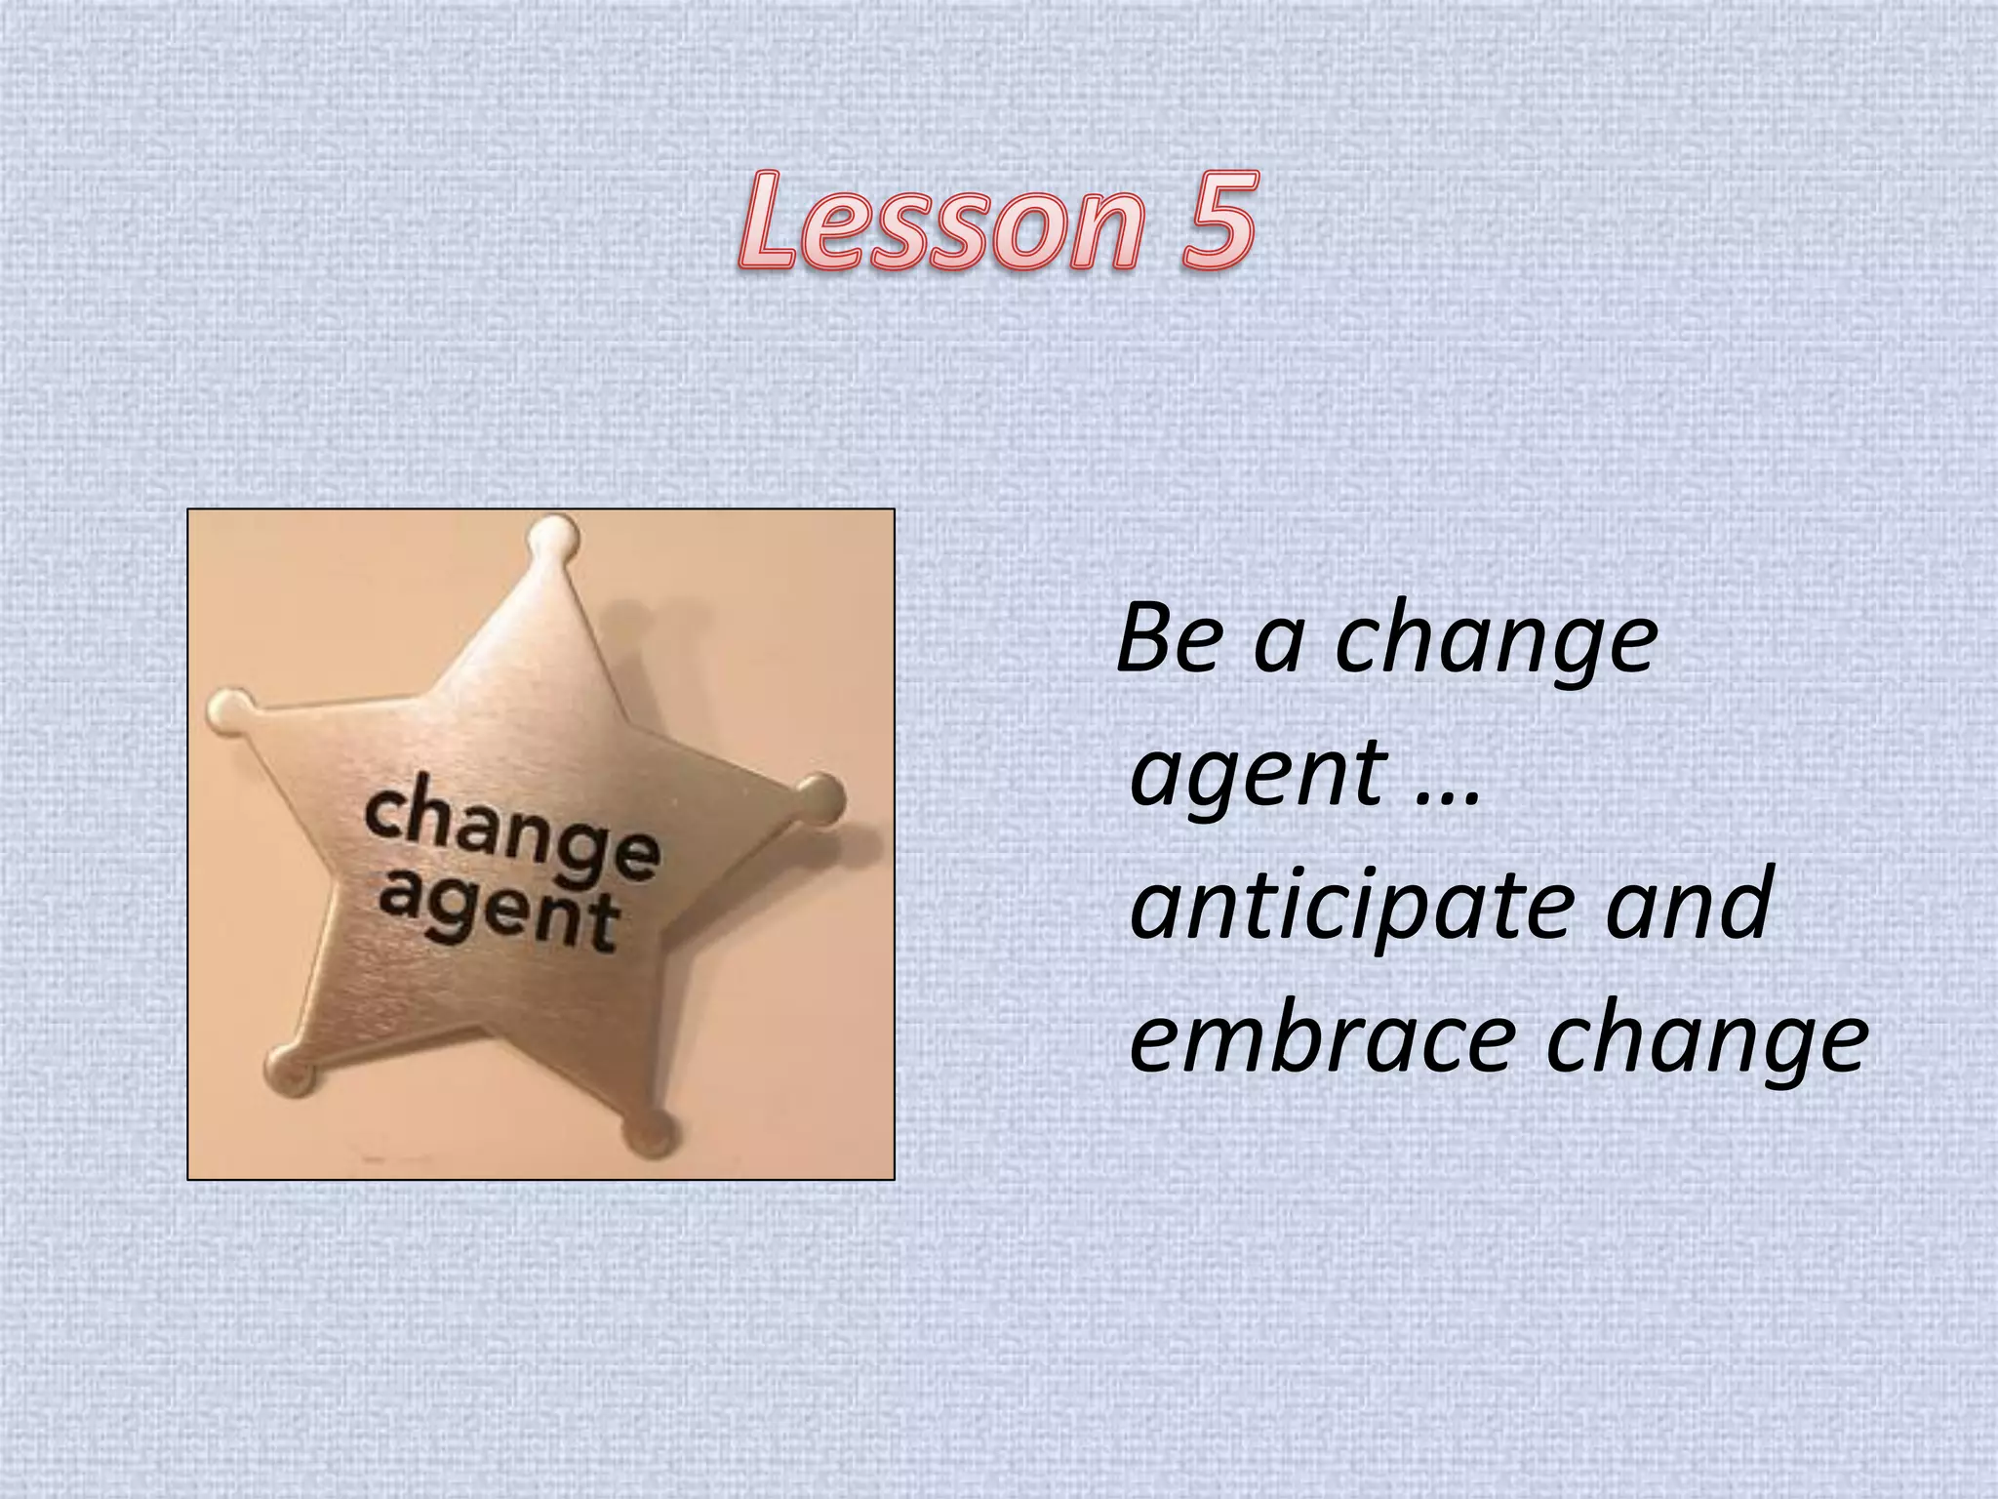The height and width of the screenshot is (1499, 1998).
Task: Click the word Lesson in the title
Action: point(938,222)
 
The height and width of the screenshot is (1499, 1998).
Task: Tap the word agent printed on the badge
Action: point(499,913)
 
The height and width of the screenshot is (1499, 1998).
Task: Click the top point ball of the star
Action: point(554,534)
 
